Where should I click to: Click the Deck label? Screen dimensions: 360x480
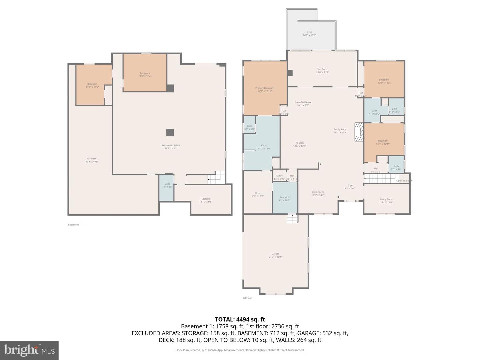point(309,33)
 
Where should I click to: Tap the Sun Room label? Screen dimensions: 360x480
point(322,71)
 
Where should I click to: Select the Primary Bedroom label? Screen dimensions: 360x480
point(265,89)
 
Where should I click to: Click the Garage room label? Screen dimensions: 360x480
point(275,255)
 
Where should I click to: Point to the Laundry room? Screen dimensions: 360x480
point(284,199)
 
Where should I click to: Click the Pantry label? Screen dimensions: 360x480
point(279,177)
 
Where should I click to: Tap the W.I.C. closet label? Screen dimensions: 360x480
point(258,194)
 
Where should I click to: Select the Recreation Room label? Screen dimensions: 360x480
point(171,147)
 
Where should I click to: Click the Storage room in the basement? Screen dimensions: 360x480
point(206,200)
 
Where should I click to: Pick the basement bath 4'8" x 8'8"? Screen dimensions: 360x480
point(167,185)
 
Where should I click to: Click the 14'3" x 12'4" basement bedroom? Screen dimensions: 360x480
point(145,74)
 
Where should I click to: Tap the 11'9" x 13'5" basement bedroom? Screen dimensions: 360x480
point(92,85)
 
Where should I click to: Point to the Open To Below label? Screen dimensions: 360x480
point(404,181)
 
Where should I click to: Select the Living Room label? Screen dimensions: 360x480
point(387,201)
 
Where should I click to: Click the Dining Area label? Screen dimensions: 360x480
point(318,193)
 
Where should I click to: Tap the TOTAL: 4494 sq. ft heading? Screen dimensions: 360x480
point(240,319)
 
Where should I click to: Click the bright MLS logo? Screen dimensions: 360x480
point(29,350)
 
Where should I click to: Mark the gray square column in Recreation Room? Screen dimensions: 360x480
point(170,132)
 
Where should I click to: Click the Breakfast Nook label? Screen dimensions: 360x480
point(303,104)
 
